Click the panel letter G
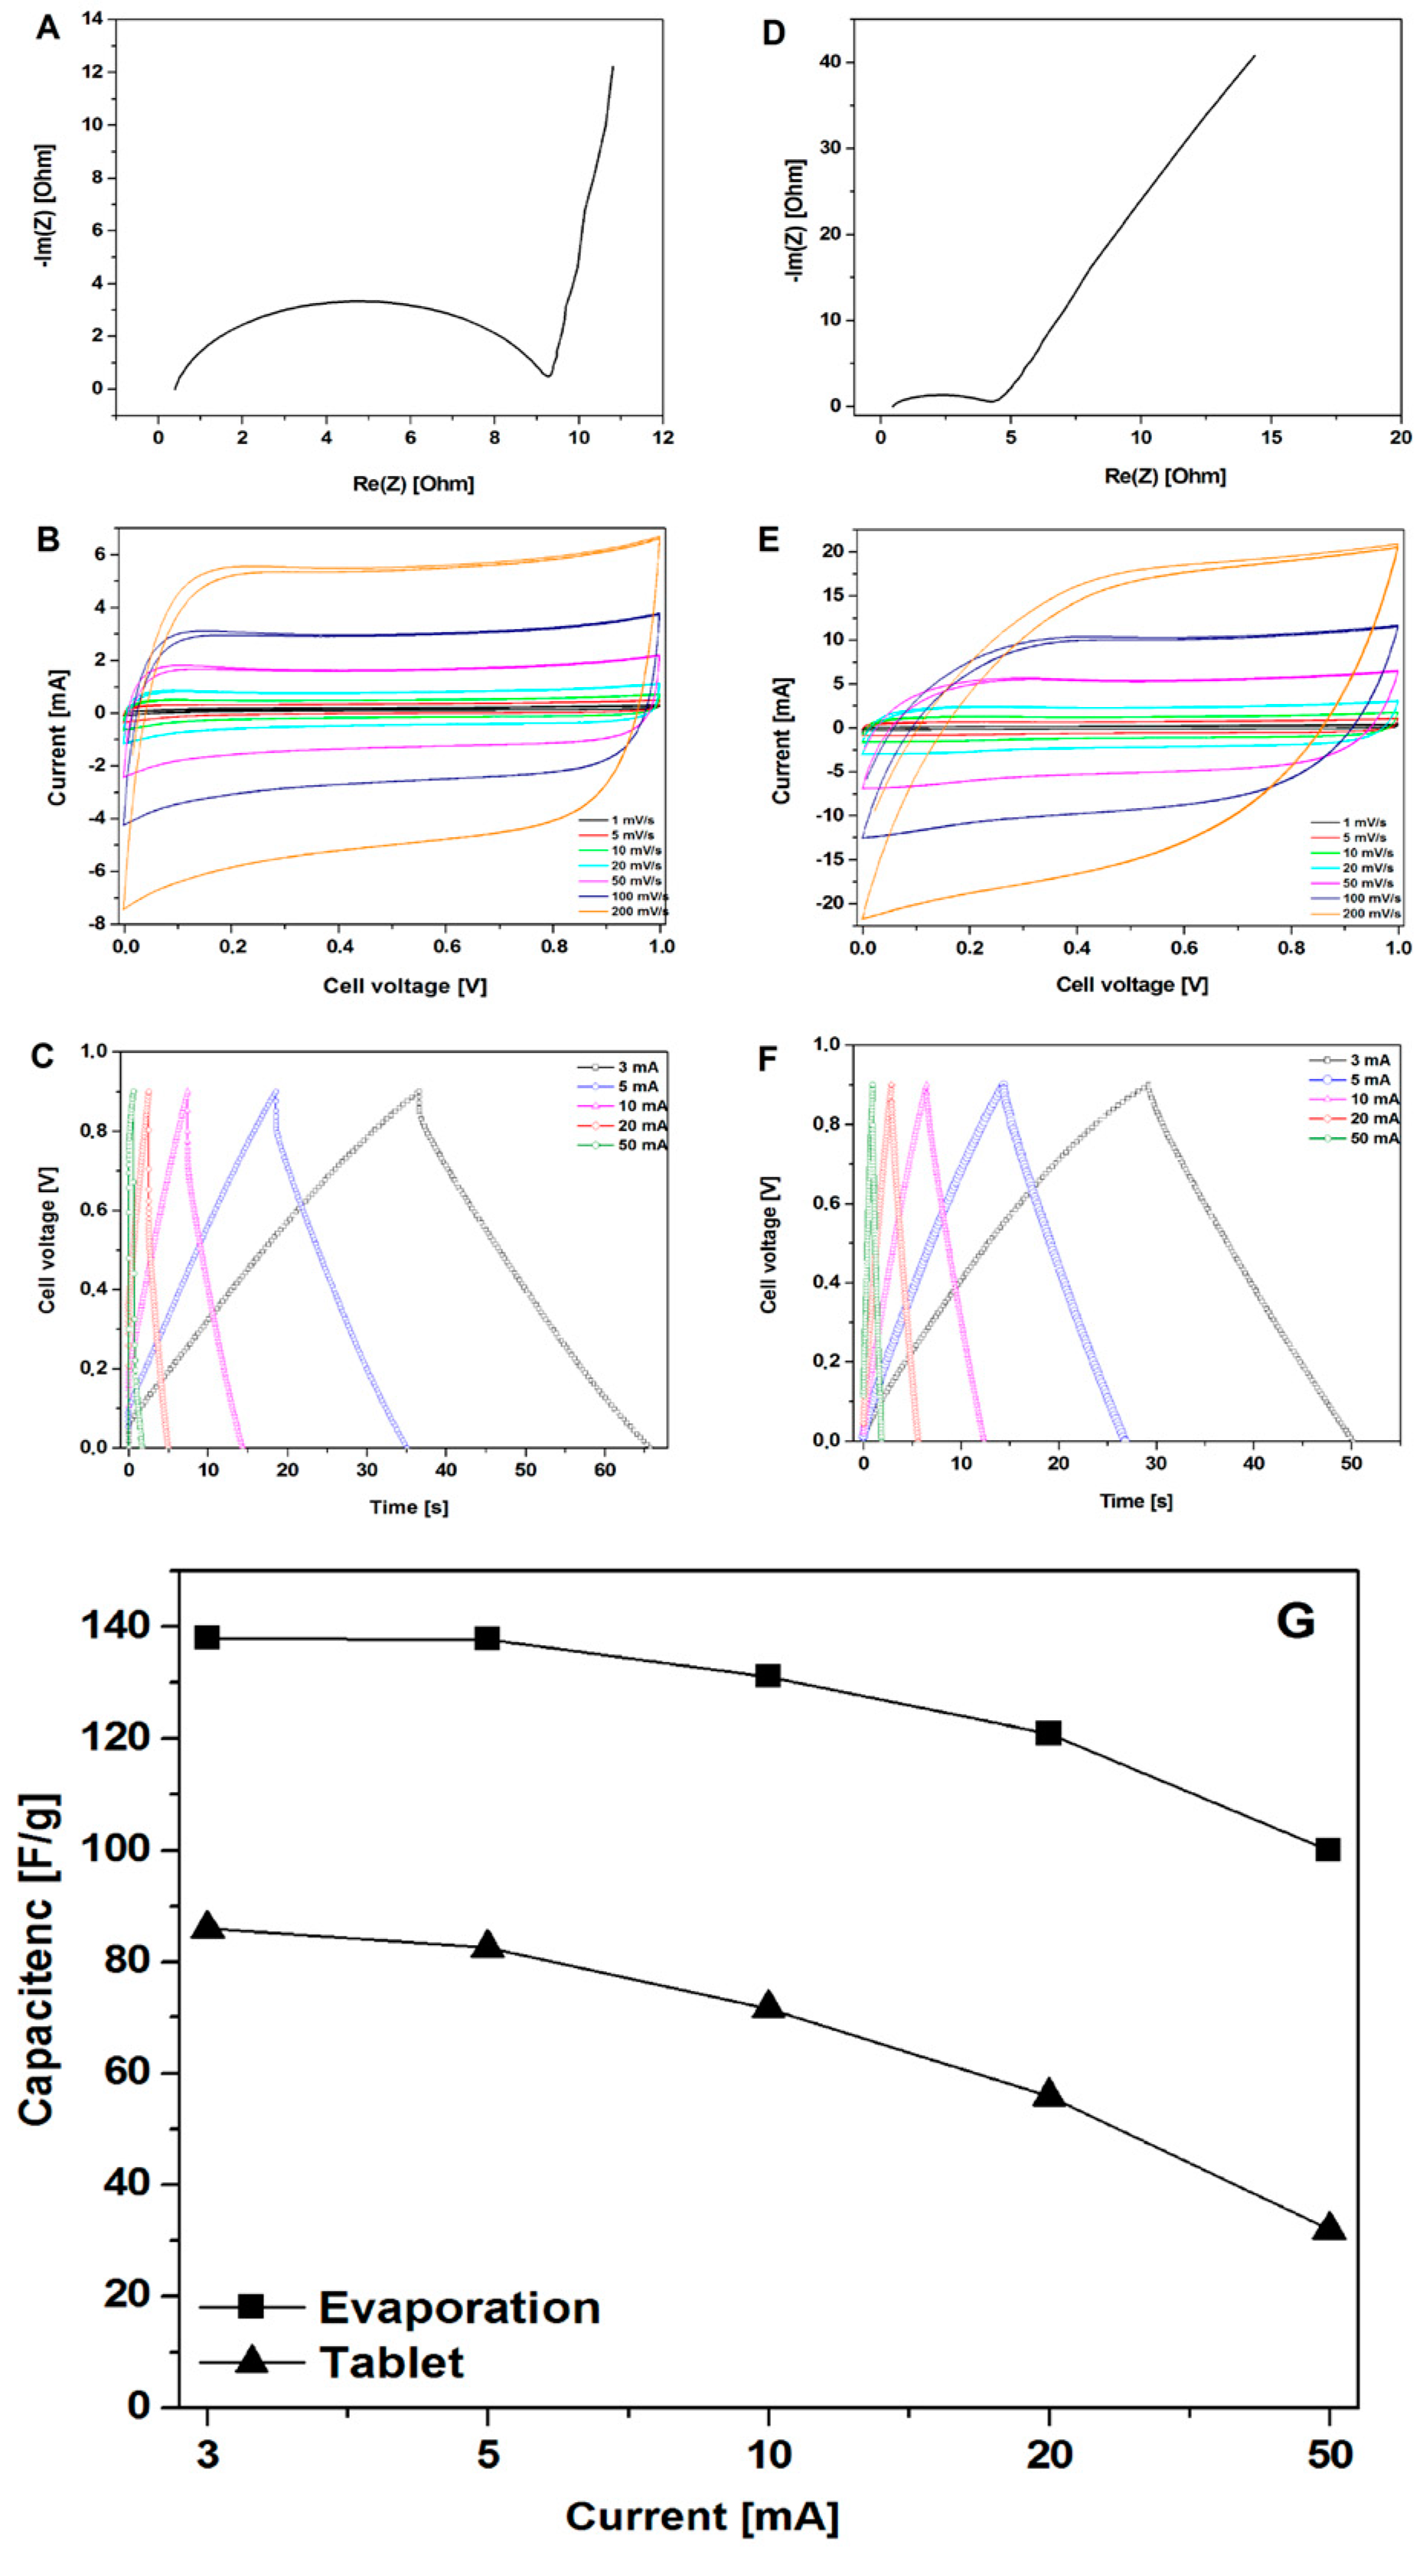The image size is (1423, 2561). pyautogui.click(x=1294, y=1621)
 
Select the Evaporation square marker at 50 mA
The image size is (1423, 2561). pyautogui.click(x=1327, y=1849)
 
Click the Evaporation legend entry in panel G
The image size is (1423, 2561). pyautogui.click(x=459, y=2308)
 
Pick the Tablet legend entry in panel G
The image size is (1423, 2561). pyautogui.click(x=391, y=2362)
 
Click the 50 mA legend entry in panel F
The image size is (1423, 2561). pyautogui.click(x=1373, y=1137)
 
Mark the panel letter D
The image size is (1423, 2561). pyautogui.click(x=772, y=33)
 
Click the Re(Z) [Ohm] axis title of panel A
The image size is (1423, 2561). pyautogui.click(x=413, y=484)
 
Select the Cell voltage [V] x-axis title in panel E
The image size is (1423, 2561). pyautogui.click(x=1131, y=984)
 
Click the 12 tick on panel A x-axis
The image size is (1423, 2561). pyautogui.click(x=662, y=438)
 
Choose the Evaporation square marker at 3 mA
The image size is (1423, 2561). pyautogui.click(x=207, y=1637)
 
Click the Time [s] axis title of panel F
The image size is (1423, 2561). pyautogui.click(x=1136, y=1500)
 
